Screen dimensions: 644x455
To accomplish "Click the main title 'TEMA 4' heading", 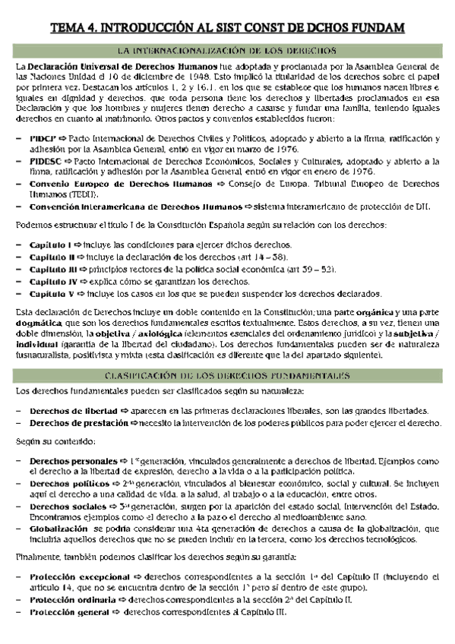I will (227, 28).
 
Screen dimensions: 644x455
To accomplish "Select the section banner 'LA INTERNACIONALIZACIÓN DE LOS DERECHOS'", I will (227, 51).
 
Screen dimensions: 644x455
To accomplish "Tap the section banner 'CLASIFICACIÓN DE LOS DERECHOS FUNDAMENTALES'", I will (227, 375).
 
